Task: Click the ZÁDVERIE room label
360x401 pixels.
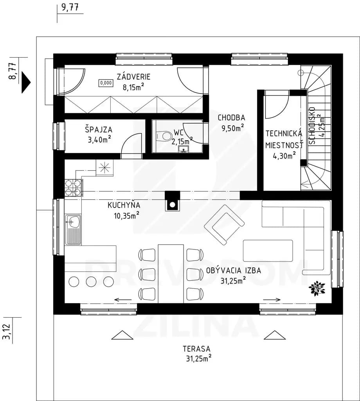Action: (x=133, y=77)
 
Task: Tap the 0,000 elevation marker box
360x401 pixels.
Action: (x=106, y=83)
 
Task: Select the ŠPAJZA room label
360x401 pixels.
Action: (x=99, y=129)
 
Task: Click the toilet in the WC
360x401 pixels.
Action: (x=164, y=136)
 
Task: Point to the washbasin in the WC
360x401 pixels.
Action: (x=184, y=148)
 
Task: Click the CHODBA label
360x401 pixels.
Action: (x=232, y=117)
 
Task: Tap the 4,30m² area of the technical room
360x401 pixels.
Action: (x=284, y=155)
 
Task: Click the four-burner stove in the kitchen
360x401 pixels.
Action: (x=73, y=188)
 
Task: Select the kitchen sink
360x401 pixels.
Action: (x=73, y=229)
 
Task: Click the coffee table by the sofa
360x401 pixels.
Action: (x=268, y=251)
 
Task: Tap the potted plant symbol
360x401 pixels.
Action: (x=317, y=289)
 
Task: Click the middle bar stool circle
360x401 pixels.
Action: (x=91, y=282)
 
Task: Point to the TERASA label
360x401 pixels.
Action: (x=196, y=349)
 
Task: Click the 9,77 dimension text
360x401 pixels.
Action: (x=70, y=7)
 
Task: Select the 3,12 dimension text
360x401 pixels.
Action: (x=7, y=332)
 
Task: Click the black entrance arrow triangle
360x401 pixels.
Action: (x=26, y=82)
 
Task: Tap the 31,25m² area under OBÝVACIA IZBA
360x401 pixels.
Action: (x=233, y=280)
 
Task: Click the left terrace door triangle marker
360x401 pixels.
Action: (x=122, y=335)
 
